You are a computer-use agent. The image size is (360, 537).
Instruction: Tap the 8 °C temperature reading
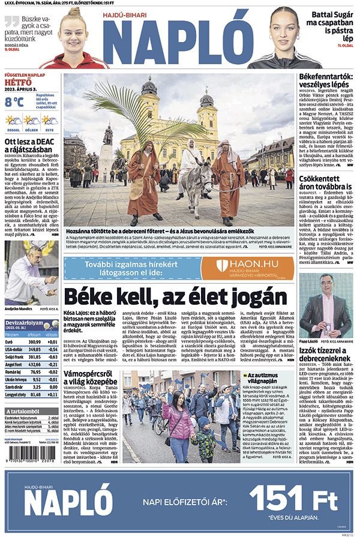pos(14,102)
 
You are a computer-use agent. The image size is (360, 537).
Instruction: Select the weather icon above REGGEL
pos(14,121)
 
